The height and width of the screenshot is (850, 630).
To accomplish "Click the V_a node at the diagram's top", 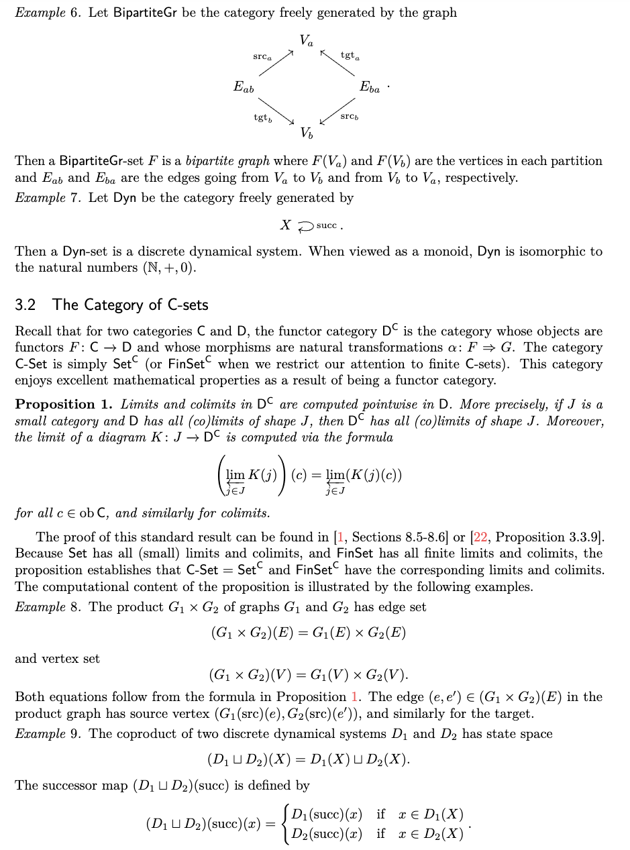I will pyautogui.click(x=306, y=41).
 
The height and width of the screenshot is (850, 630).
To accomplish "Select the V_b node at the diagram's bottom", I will pyautogui.click(x=306, y=132).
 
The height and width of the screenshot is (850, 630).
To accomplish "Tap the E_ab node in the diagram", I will pyautogui.click(x=244, y=87).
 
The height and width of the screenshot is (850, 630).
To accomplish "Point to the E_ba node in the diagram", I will pyautogui.click(x=370, y=87).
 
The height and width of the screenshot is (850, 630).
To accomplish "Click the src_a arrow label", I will pyautogui.click(x=262, y=56).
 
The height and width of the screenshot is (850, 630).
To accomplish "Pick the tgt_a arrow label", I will pyautogui.click(x=350, y=56).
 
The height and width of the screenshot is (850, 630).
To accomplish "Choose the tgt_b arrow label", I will pyautogui.click(x=262, y=117).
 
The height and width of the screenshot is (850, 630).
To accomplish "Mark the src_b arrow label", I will pyautogui.click(x=350, y=117).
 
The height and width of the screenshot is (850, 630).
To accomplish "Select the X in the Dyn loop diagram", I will pyautogui.click(x=285, y=225).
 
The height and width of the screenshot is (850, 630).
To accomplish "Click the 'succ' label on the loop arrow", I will pyautogui.click(x=327, y=225).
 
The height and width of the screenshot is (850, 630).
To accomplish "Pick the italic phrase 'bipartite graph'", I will pyautogui.click(x=227, y=161).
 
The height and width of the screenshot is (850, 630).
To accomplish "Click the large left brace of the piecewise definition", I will pyautogui.click(x=286, y=824).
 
